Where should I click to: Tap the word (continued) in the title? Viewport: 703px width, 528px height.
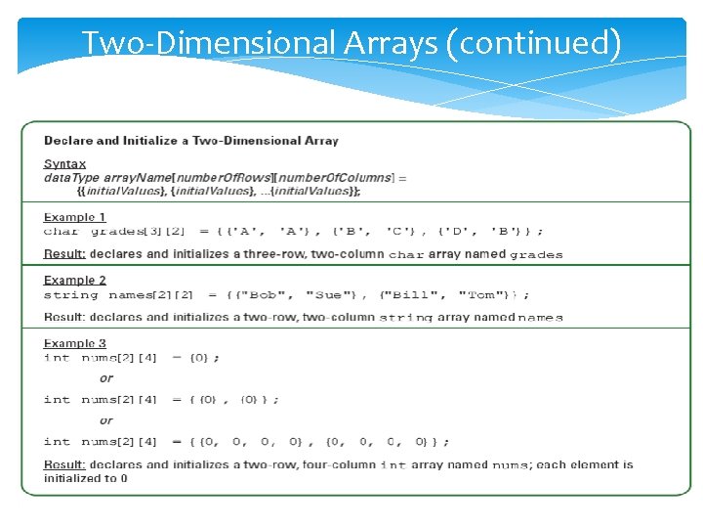tap(535, 44)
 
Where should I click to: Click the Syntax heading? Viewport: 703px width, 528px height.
tap(64, 164)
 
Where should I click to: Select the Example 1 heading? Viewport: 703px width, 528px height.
tap(75, 217)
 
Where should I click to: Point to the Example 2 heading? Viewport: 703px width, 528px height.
tap(75, 281)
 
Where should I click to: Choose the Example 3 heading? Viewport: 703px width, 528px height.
tap(75, 344)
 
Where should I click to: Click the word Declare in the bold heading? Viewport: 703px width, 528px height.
tap(68, 141)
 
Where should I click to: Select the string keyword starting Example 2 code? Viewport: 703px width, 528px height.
tap(71, 295)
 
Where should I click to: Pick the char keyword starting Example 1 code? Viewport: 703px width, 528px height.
tap(61, 232)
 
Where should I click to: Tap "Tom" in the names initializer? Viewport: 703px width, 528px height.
tap(481, 295)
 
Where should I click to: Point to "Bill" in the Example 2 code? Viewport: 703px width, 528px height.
tap(407, 295)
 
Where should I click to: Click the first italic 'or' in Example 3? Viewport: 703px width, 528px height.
tap(106, 378)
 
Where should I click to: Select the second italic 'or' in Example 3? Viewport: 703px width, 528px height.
tap(106, 420)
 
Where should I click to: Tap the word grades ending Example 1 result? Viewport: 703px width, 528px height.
tap(536, 255)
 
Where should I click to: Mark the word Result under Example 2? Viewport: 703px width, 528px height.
tap(63, 317)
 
